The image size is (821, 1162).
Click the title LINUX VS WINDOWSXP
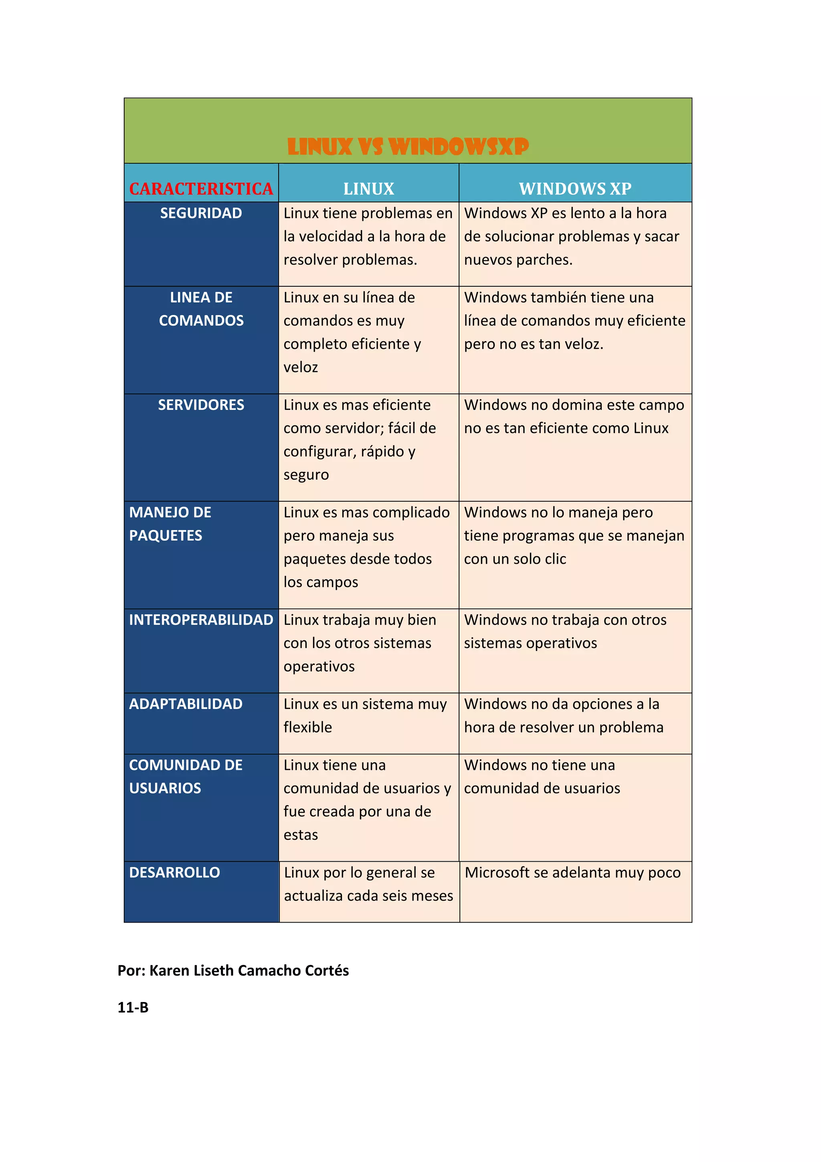(408, 147)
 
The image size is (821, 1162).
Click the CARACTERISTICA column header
(201, 189)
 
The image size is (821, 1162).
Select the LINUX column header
(368, 189)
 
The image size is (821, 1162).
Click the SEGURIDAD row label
(201, 213)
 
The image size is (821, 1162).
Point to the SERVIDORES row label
(201, 405)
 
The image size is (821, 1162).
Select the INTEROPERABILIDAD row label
(201, 620)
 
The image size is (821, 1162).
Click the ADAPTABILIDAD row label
(186, 704)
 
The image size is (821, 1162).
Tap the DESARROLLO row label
(174, 873)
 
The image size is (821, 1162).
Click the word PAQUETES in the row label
(166, 535)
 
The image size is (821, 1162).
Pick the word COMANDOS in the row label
(201, 320)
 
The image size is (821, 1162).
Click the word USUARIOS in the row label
(165, 788)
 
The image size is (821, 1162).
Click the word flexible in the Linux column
(307, 727)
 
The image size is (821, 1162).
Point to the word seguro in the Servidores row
(306, 475)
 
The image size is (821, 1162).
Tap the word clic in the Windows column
(555, 559)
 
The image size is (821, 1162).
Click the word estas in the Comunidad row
(301, 834)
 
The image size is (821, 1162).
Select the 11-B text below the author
(133, 1007)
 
